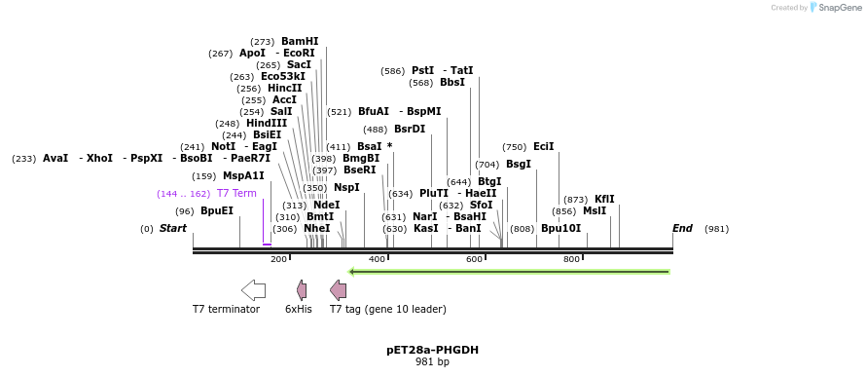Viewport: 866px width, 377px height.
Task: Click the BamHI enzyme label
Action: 300,41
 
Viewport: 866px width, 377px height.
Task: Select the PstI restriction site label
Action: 422,70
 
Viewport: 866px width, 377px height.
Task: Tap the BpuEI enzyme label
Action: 217,210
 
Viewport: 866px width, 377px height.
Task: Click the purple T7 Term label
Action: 236,193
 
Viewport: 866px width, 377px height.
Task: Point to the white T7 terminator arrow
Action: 253,289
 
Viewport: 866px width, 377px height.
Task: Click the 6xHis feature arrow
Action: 302,289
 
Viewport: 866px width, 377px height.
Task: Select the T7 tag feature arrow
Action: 338,289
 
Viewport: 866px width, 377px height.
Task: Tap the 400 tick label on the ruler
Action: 377,259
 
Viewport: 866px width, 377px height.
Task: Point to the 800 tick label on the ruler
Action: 571,259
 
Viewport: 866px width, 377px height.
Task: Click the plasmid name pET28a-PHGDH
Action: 432,350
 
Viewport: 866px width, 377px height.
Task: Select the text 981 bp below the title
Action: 432,362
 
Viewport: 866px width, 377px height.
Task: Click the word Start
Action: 173,228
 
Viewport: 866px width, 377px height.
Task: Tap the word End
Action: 683,228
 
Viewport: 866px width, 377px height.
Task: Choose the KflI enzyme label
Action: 604,199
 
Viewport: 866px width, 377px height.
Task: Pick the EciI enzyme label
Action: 543,146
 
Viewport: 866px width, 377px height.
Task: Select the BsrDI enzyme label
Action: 410,129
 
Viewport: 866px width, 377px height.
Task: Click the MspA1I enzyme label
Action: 243,175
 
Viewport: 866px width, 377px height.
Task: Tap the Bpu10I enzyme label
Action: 560,228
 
